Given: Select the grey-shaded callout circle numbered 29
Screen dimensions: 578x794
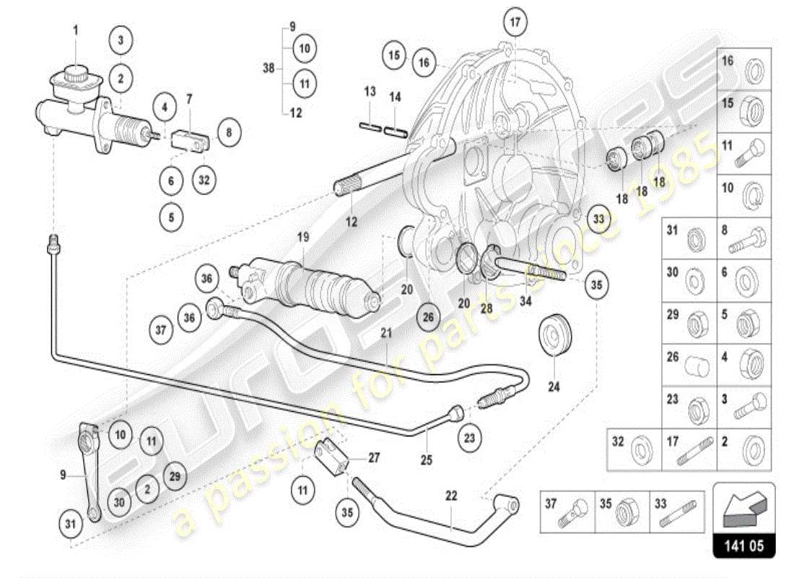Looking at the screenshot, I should [173, 475].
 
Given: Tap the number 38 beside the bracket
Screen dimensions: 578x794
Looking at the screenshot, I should [269, 69].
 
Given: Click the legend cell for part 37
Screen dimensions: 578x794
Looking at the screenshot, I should [567, 512].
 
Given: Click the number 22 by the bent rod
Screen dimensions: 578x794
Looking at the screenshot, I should [451, 496].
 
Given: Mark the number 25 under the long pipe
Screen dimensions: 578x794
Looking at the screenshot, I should [426, 460].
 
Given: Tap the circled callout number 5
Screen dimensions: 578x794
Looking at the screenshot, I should [171, 216].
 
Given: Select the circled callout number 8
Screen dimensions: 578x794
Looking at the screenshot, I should [229, 133].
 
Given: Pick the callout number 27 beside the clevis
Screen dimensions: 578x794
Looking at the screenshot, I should [374, 457].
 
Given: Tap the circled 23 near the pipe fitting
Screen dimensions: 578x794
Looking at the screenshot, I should [471, 436].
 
